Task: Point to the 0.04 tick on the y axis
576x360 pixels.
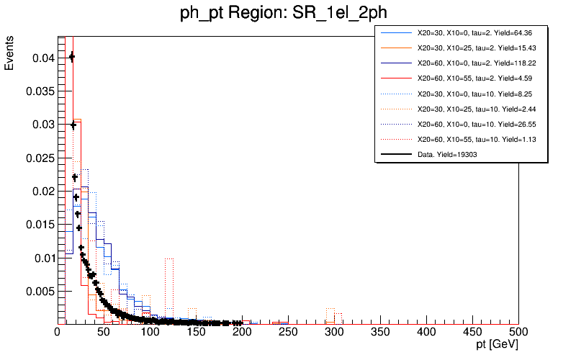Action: point(42,58)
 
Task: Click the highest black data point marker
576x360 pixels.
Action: point(71,57)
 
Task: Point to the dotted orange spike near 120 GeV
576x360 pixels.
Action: point(169,258)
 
